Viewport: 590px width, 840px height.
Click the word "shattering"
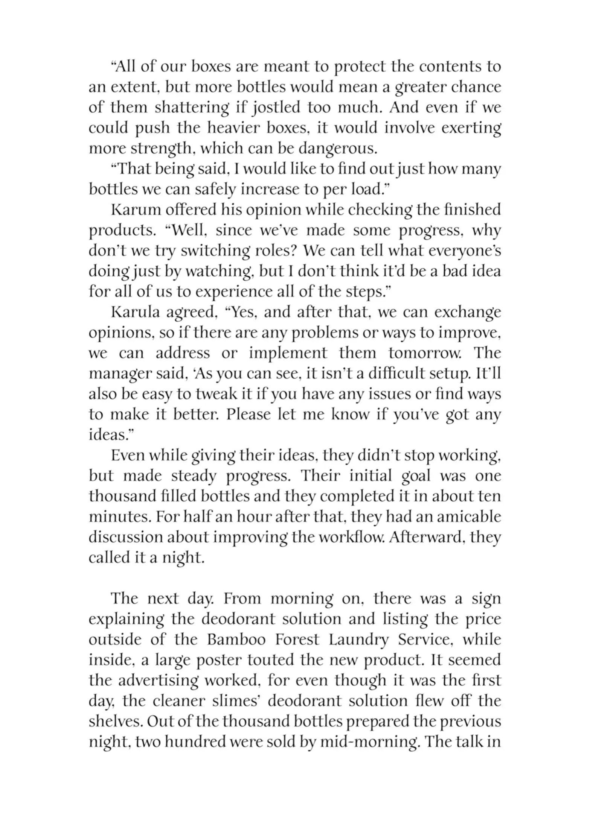coord(192,108)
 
